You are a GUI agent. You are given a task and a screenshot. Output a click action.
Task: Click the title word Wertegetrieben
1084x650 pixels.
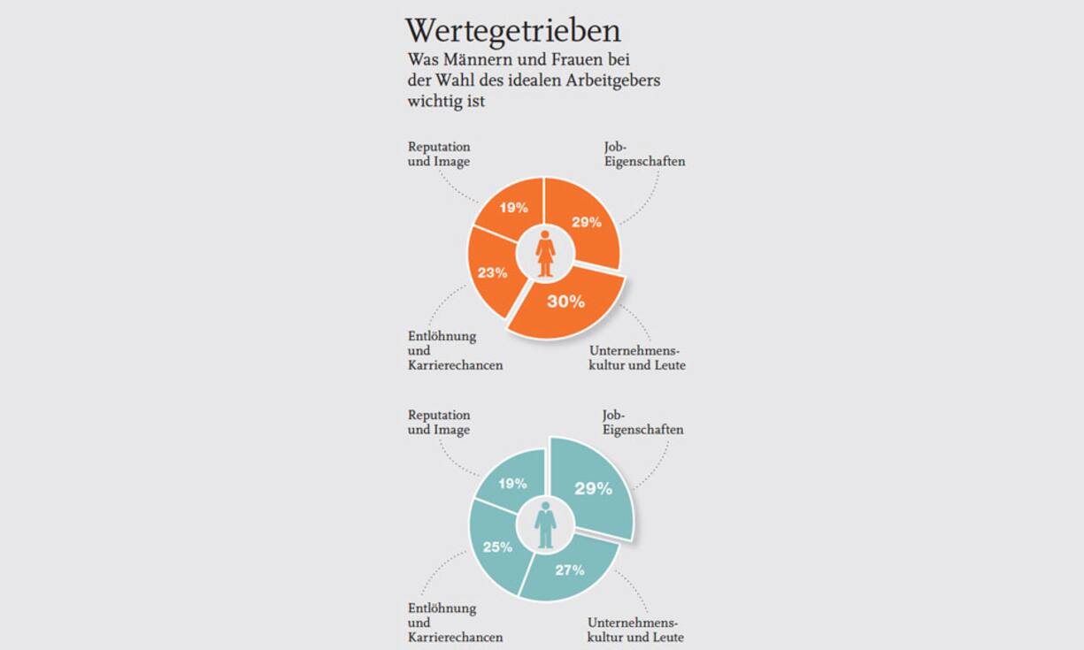(512, 31)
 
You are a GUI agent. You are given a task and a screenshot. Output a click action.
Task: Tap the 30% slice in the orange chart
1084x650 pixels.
(565, 302)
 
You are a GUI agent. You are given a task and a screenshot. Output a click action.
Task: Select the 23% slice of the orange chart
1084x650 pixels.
(492, 271)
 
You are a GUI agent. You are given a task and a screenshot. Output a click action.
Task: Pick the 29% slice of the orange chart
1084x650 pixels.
(585, 223)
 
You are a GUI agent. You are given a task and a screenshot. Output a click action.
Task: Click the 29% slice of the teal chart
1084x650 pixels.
(592, 488)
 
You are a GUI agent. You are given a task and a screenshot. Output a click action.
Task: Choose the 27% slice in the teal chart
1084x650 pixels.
(569, 570)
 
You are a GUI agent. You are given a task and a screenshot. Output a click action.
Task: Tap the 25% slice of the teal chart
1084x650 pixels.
(496, 547)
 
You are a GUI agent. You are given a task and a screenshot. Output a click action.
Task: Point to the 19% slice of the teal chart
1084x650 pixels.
(512, 484)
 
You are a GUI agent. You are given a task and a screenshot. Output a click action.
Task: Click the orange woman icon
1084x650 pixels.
(545, 253)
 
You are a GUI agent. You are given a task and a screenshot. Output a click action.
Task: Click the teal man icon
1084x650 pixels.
(545, 525)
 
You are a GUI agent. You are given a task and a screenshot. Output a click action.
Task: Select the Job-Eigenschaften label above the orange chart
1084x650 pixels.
(637, 154)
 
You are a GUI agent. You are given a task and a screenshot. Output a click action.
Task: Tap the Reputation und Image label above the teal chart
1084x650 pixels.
(439, 422)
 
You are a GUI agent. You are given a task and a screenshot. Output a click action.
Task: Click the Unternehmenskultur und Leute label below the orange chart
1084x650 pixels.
(636, 358)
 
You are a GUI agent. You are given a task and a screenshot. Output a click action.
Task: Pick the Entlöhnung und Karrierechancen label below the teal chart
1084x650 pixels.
(455, 623)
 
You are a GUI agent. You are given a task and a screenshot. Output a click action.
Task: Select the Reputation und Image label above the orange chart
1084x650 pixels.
(439, 154)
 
